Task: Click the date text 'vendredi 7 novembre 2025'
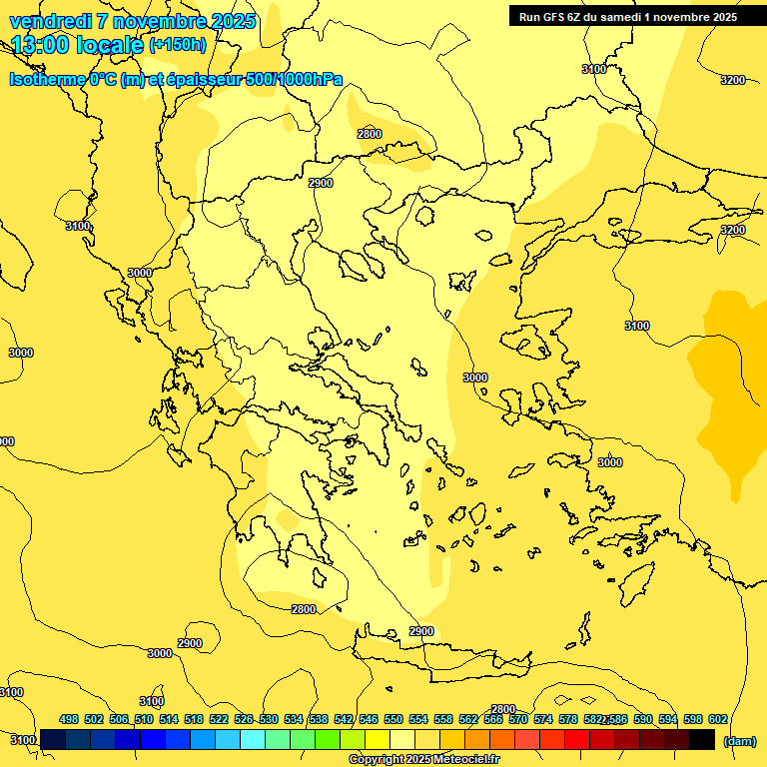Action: [x=132, y=21]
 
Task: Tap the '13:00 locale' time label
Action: [x=78, y=44]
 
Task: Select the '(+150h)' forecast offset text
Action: [x=178, y=44]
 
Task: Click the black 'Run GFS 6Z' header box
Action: [x=628, y=16]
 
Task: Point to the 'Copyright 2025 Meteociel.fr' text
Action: [x=424, y=759]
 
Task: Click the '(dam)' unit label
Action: [x=738, y=740]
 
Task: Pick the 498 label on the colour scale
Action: [x=69, y=719]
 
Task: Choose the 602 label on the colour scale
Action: [x=717, y=719]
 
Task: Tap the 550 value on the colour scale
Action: [x=393, y=719]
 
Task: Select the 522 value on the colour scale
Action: [x=219, y=719]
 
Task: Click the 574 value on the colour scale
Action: [x=543, y=719]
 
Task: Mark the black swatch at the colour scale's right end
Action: [x=702, y=740]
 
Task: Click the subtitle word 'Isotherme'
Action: [x=47, y=80]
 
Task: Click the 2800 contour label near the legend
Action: [x=502, y=709]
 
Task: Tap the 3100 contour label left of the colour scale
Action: [x=23, y=740]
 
